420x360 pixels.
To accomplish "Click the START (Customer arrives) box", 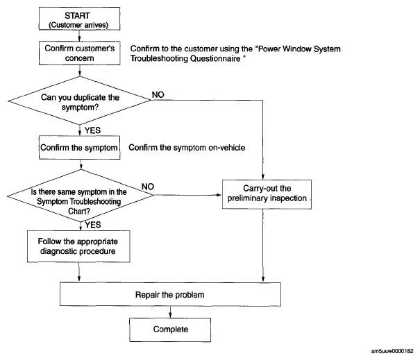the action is click(x=79, y=19).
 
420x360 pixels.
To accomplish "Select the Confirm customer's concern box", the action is click(x=80, y=53).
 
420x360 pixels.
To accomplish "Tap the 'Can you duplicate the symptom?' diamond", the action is click(x=80, y=101).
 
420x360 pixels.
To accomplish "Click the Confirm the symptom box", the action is click(x=80, y=148).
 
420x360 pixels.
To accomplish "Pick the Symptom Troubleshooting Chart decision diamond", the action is click(x=81, y=196).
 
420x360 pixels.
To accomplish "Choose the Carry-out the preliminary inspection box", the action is click(x=267, y=194).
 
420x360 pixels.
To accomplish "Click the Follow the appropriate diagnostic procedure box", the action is click(x=78, y=246).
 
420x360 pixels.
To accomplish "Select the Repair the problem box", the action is click(x=170, y=294).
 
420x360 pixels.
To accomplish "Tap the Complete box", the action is click(x=170, y=329).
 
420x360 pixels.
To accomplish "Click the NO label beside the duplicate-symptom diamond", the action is click(x=158, y=94).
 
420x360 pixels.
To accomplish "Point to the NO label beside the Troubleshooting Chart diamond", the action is click(x=148, y=187).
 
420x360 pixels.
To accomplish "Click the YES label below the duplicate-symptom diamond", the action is click(x=93, y=130).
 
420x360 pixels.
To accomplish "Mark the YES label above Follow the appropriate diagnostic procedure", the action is click(x=93, y=225).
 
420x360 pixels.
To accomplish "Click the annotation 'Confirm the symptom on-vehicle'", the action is click(x=187, y=148).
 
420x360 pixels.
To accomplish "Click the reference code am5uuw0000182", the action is click(x=392, y=351).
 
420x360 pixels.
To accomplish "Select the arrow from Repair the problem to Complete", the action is click(x=170, y=312).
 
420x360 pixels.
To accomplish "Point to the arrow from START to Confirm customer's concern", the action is click(x=79, y=35).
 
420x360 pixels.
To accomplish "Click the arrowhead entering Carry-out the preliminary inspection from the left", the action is click(x=219, y=195).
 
